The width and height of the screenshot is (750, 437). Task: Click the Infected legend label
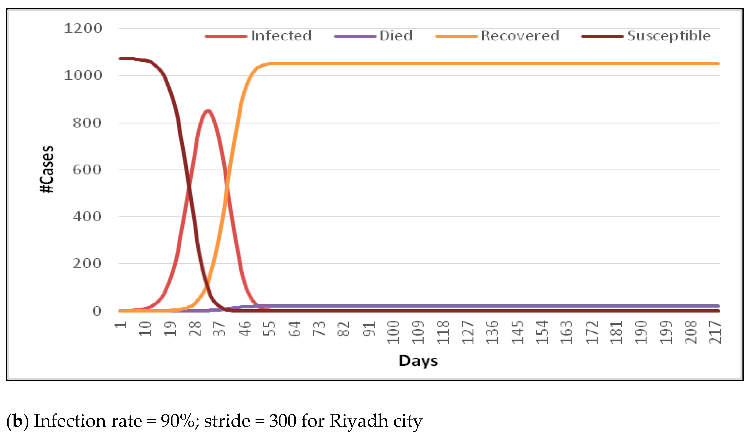point(281,36)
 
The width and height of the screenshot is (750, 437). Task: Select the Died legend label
point(396,36)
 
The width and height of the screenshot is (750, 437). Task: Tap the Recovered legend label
point(520,36)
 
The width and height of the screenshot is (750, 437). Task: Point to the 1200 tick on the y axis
point(83,29)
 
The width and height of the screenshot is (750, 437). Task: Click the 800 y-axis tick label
point(87,123)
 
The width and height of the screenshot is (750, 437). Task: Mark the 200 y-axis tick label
point(87,263)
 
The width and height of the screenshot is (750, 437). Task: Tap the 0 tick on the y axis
point(97,311)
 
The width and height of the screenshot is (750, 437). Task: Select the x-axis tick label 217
point(715,332)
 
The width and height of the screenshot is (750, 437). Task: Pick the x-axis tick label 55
point(270,329)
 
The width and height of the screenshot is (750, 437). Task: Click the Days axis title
point(418,361)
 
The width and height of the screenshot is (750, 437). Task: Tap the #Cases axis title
point(47,169)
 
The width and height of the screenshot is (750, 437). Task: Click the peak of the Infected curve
point(208,111)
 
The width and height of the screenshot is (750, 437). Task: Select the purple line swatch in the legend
point(355,36)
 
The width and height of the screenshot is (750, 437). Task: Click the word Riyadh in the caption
point(359,421)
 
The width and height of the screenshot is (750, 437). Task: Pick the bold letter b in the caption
point(17,421)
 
